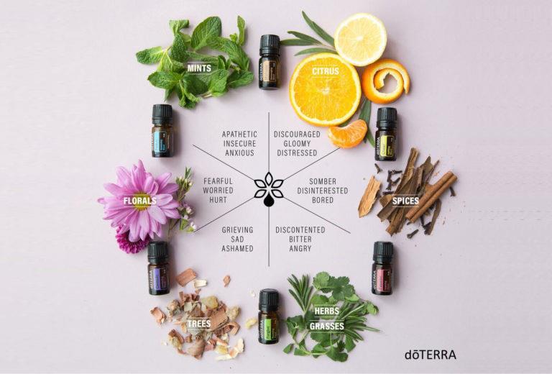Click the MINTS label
tap(199, 68)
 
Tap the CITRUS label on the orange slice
tap(326, 71)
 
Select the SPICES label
tap(405, 201)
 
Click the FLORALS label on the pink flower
tap(139, 201)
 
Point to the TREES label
tap(199, 324)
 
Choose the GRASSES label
tap(327, 326)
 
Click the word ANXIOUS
tap(240, 153)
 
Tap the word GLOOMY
tap(297, 144)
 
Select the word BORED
tap(323, 200)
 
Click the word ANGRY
tap(300, 248)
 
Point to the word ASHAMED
tap(237, 248)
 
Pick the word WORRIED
tap(218, 191)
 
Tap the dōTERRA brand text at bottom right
tap(431, 355)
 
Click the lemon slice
tap(361, 40)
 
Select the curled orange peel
tap(385, 81)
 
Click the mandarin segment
tap(348, 134)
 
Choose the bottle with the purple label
tap(158, 268)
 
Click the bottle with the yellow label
tap(386, 134)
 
